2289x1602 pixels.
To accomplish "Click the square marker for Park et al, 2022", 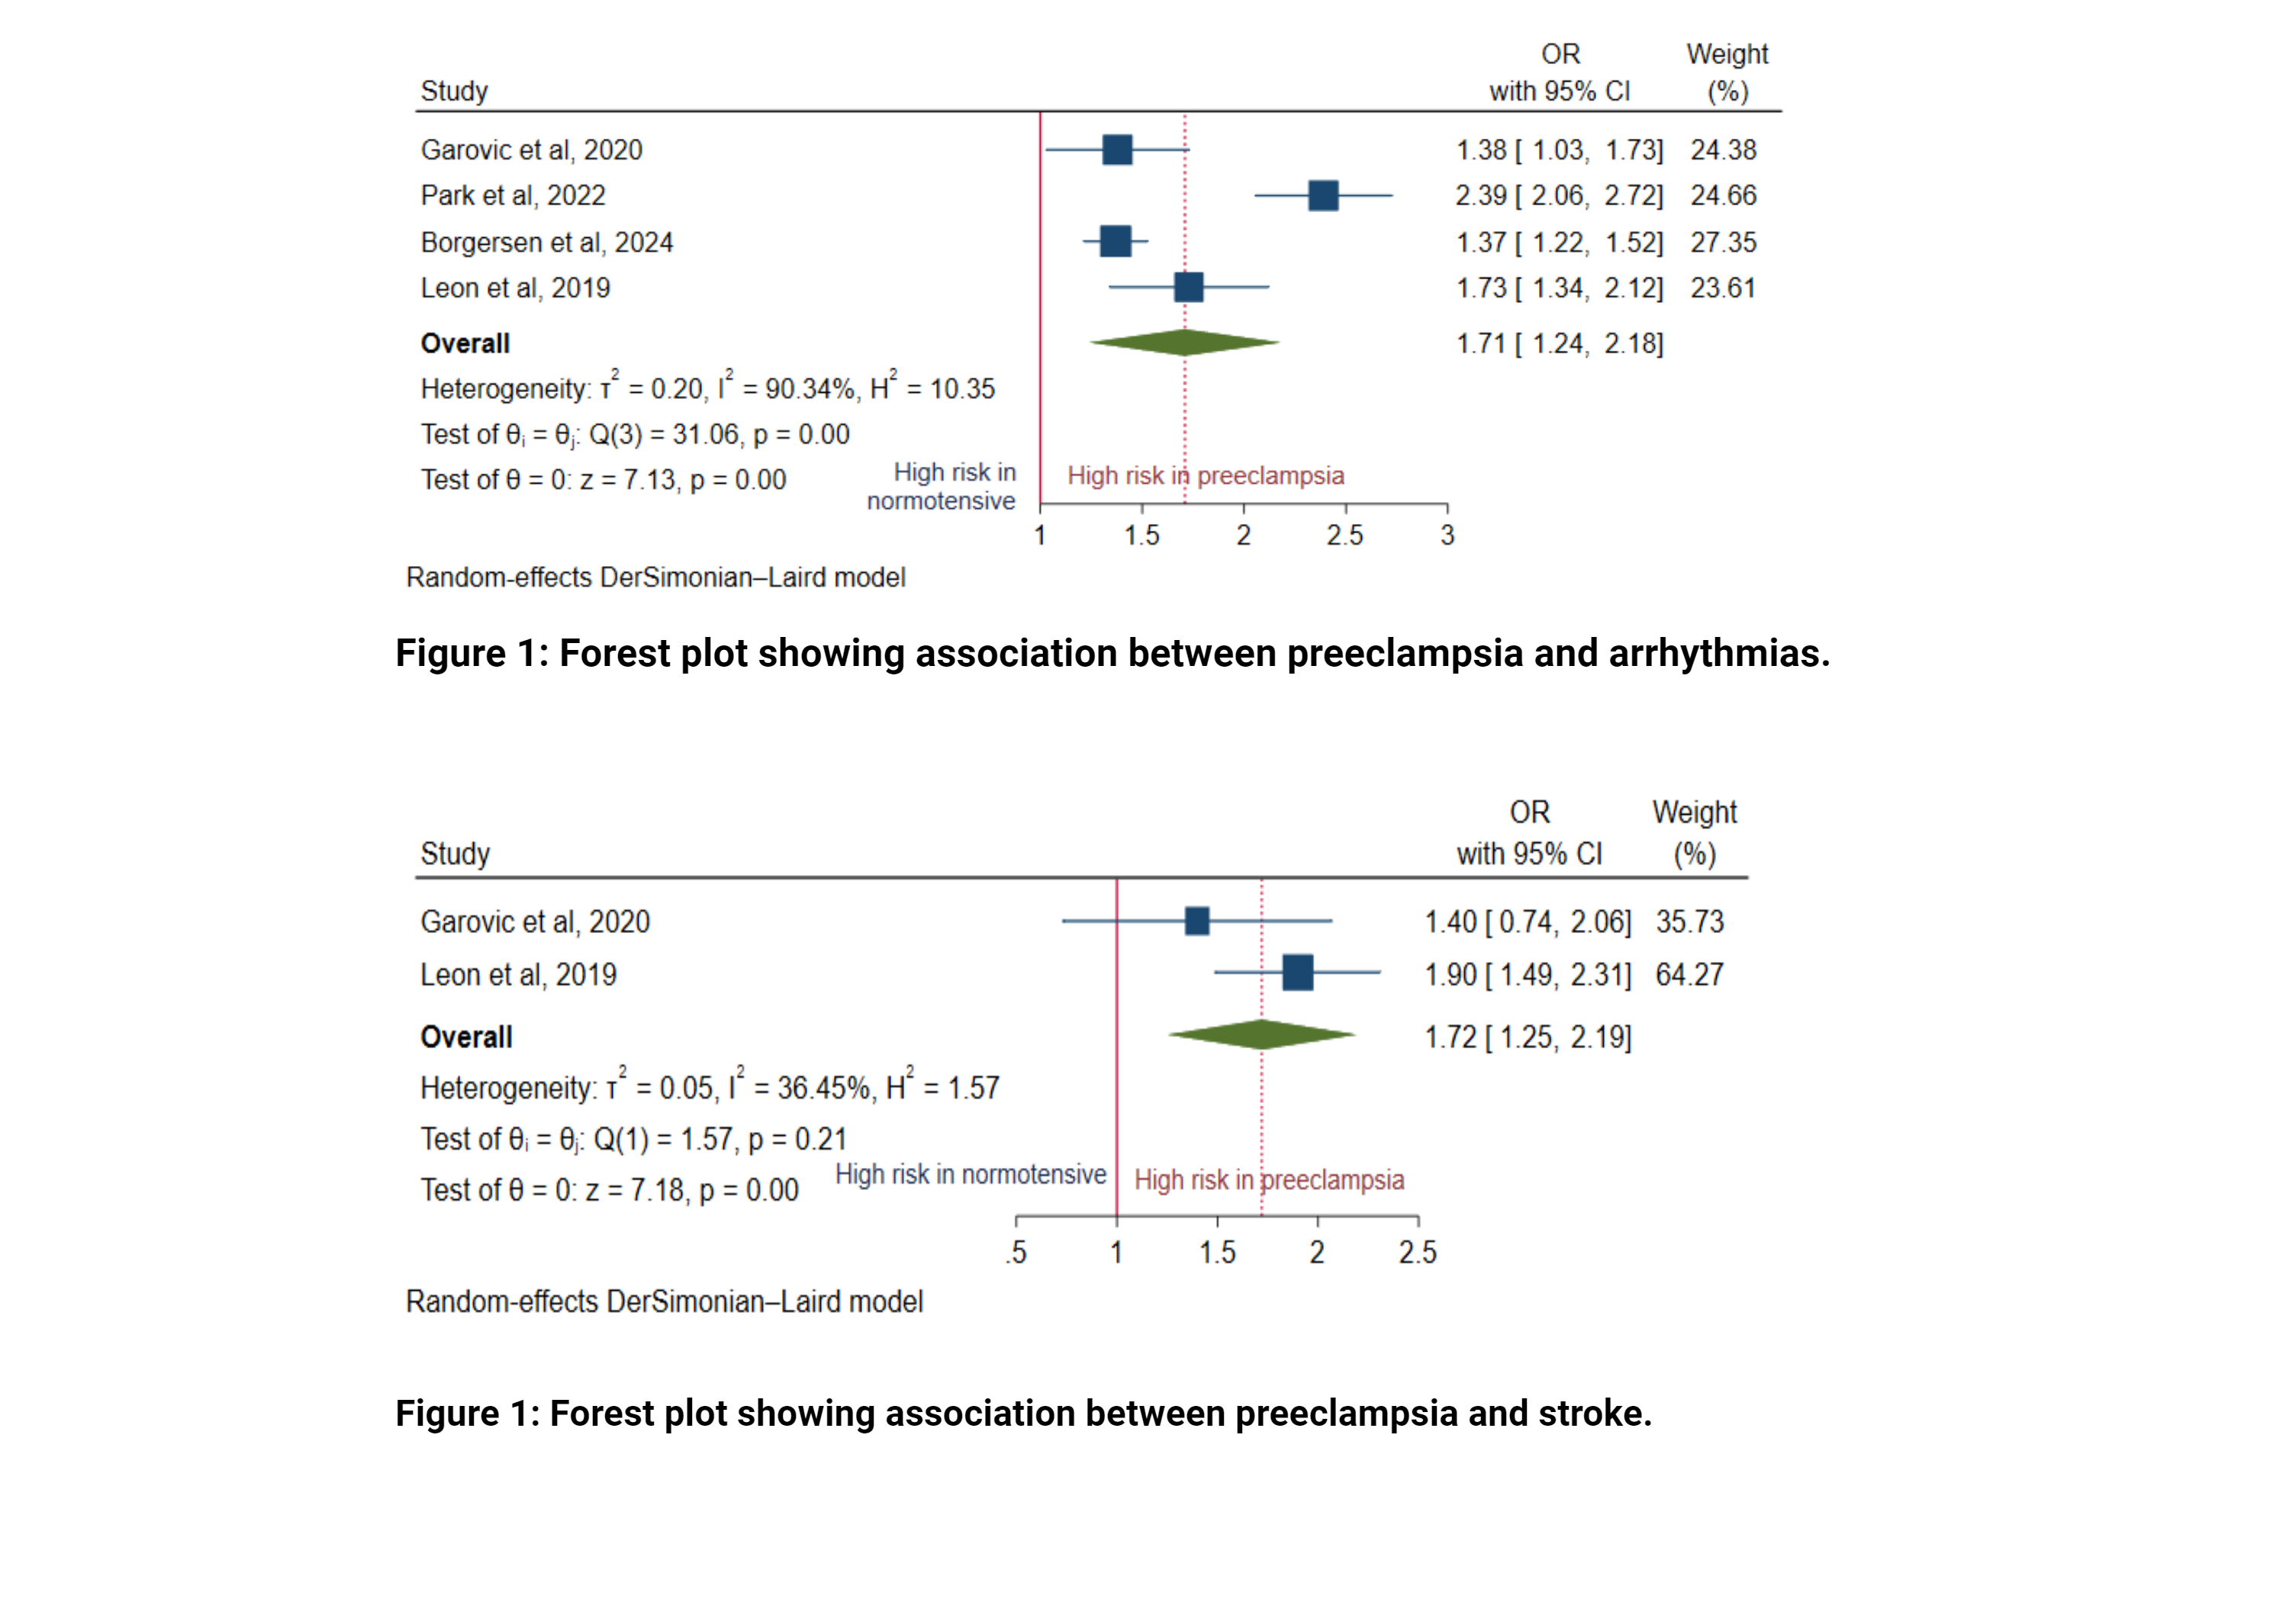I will coord(1322,195).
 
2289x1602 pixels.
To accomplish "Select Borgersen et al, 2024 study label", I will coord(546,243).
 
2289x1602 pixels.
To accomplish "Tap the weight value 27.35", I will coord(1723,243).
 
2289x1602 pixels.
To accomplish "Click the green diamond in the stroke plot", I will coord(1261,1034).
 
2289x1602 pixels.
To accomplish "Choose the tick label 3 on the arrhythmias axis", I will coord(1447,536).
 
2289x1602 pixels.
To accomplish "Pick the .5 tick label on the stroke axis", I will coord(1016,1252).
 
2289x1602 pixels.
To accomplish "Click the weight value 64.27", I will coord(1689,974).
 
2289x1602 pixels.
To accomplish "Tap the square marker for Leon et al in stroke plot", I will coord(1297,972).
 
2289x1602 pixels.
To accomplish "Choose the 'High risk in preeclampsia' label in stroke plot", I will coord(1268,1179).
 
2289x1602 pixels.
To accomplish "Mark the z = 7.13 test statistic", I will coord(627,480).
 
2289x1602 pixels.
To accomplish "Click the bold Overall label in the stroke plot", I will coord(465,1037).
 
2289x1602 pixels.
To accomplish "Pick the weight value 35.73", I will coord(1689,921).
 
